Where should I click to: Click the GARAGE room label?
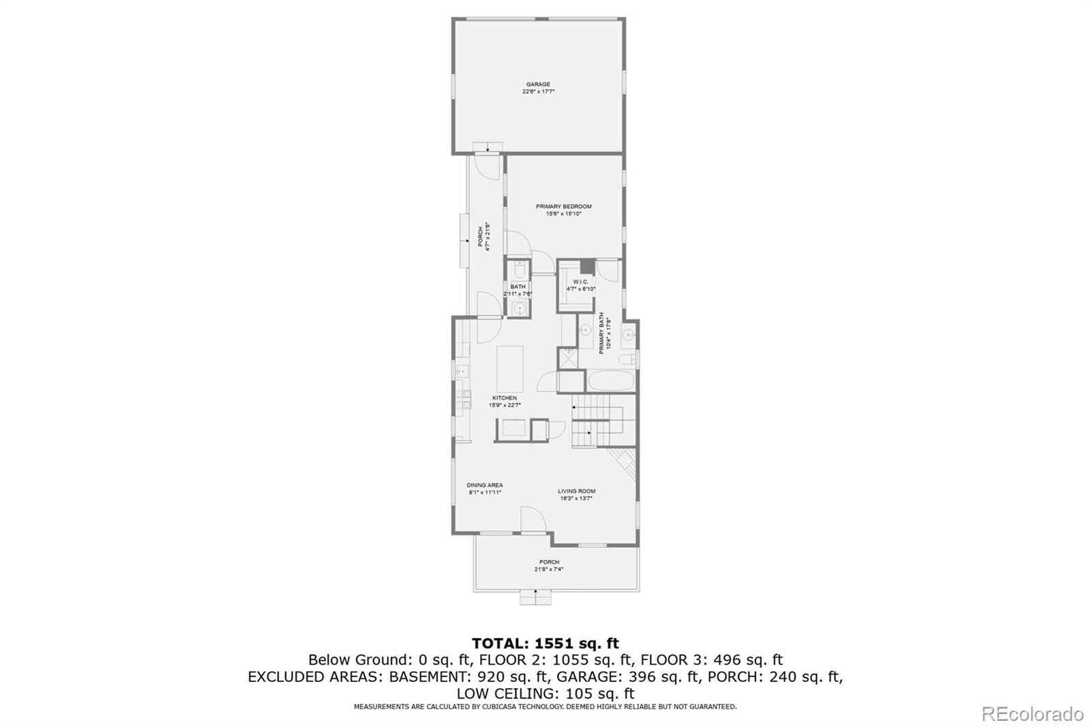[x=538, y=85]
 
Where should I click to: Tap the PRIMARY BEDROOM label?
[x=563, y=207]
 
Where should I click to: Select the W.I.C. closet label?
[x=580, y=282]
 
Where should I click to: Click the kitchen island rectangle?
[x=510, y=368]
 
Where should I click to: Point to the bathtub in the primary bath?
[x=612, y=381]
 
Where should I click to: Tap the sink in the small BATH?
[x=519, y=310]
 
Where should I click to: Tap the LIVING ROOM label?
[x=576, y=491]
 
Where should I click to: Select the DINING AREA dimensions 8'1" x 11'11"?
[x=485, y=492]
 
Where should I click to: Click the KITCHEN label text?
[x=505, y=398]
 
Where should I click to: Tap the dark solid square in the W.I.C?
[x=587, y=267]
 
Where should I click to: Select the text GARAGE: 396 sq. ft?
[x=628, y=677]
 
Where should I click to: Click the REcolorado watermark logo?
[x=1032, y=714]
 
